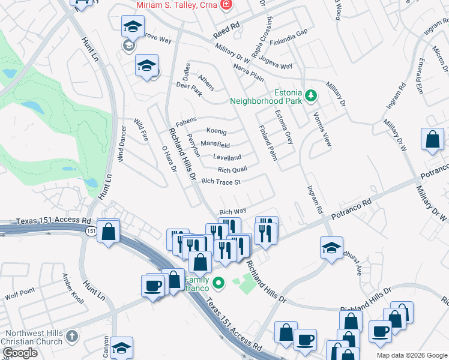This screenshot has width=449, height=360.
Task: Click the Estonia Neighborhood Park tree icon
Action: coord(311,95)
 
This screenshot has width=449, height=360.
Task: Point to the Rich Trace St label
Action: coord(221,181)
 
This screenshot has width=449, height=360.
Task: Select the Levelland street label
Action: coord(227,157)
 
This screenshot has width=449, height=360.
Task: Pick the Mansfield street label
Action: coord(215,145)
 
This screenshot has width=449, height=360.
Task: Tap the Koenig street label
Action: coord(216,131)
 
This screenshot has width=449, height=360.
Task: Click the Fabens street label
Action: coord(186,119)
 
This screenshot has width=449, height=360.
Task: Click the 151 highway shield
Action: coord(91,231)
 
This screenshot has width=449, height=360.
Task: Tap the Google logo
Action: coord(20,353)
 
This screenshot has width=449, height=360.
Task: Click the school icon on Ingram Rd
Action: coord(331,248)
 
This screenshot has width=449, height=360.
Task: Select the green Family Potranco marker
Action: coord(219,282)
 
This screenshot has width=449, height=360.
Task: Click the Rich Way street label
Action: coord(232,211)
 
